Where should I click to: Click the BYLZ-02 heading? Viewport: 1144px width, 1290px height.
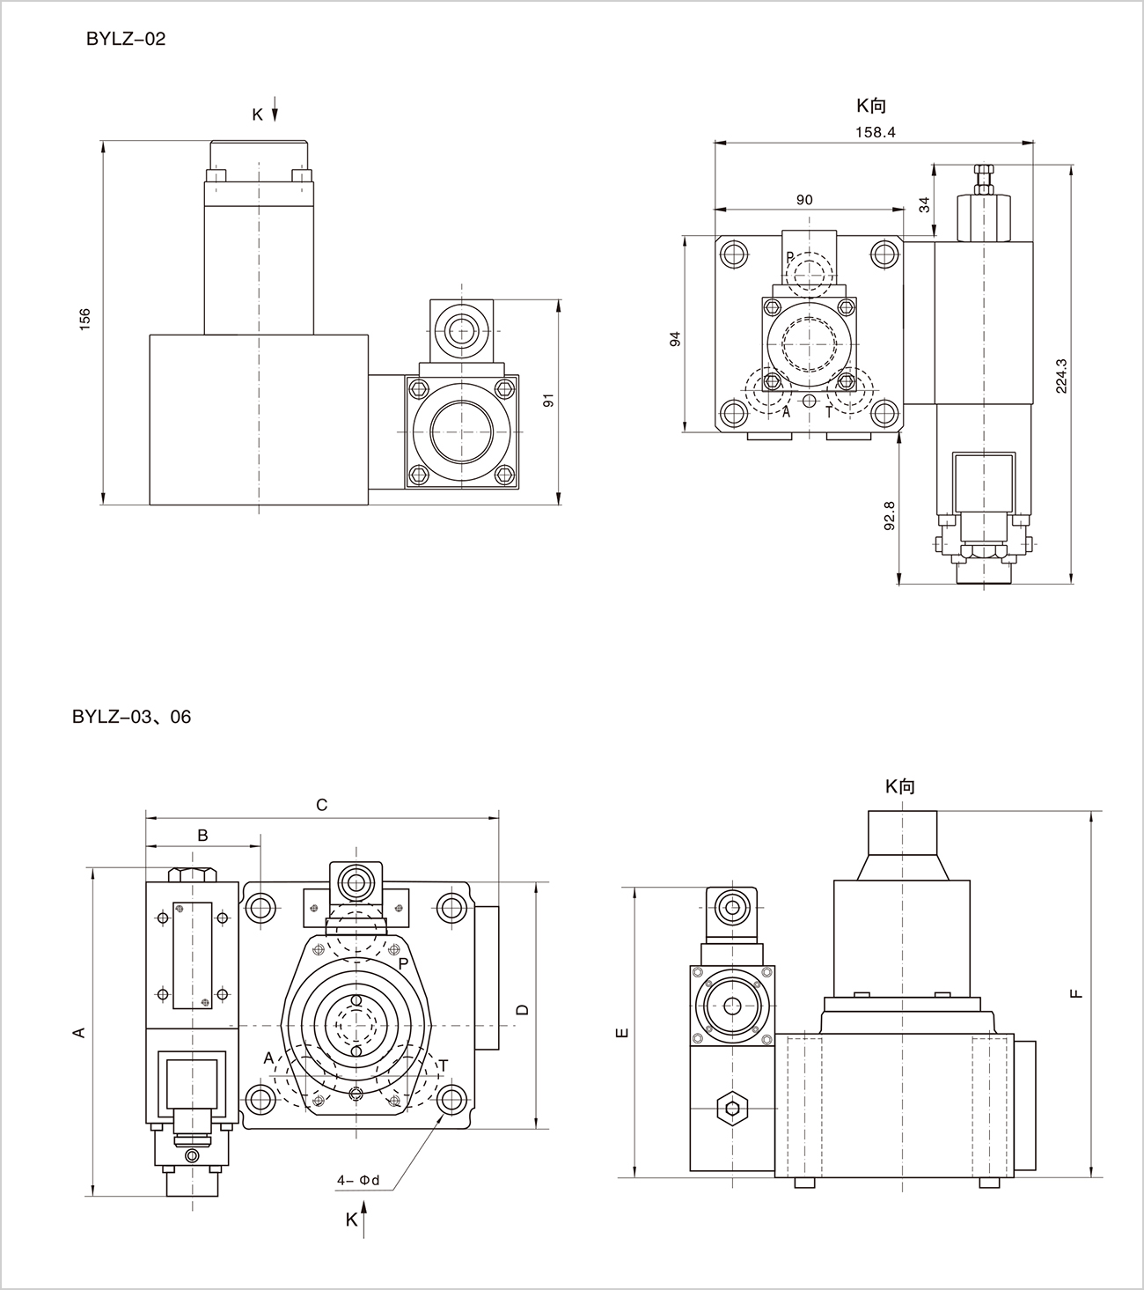(x=125, y=40)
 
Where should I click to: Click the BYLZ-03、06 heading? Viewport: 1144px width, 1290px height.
(x=131, y=717)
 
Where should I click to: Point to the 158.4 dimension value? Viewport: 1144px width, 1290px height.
(x=875, y=132)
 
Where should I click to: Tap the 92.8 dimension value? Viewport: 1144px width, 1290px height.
(x=889, y=515)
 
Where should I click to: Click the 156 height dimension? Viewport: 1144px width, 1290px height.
(x=85, y=320)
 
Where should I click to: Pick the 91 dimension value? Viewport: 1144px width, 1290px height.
(x=547, y=400)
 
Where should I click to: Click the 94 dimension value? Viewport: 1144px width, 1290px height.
(x=675, y=338)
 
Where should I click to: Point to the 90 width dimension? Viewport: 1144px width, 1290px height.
(x=804, y=200)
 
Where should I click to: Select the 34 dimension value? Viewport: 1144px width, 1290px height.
(x=923, y=204)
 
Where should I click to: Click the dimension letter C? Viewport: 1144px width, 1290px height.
(x=321, y=805)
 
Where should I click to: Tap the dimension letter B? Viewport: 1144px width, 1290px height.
(x=202, y=835)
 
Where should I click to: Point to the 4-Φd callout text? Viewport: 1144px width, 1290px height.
(x=357, y=1180)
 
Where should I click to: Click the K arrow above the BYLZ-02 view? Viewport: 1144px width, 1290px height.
(x=275, y=113)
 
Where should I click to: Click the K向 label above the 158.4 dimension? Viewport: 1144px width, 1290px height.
(x=871, y=107)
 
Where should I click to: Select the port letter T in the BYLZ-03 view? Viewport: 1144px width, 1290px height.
(x=444, y=1065)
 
